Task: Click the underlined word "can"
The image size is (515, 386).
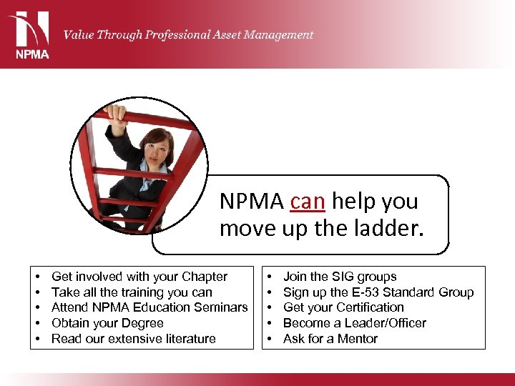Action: (307, 202)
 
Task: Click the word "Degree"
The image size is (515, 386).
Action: (141, 323)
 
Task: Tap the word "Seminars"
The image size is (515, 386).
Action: (221, 307)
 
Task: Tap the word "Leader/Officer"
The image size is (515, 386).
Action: (387, 323)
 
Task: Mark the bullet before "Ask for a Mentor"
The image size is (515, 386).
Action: (269, 339)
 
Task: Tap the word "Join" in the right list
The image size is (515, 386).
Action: (295, 277)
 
